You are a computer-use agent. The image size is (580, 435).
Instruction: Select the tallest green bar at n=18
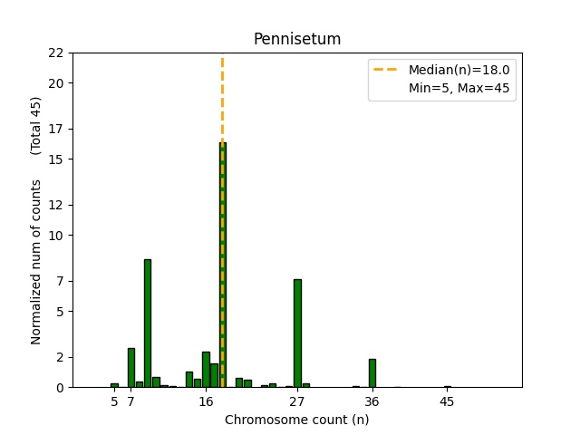point(223,265)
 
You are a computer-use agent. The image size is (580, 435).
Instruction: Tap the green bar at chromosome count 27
point(297,333)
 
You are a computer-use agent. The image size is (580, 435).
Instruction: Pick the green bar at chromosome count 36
point(372,372)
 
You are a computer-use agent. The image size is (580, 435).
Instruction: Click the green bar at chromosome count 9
point(148,323)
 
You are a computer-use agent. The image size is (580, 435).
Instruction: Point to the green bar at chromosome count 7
point(131,367)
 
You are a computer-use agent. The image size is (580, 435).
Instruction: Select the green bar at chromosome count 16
point(206,369)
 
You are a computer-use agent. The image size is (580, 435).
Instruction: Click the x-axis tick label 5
point(114,401)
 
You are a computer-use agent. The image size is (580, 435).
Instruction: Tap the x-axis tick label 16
point(206,401)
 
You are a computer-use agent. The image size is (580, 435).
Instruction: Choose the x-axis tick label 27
point(297,401)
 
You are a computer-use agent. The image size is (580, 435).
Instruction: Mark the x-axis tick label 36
point(372,401)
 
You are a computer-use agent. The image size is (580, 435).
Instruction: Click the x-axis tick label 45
point(447,401)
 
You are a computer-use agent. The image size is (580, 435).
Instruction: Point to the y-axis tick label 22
point(56,53)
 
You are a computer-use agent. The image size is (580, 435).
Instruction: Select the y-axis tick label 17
point(56,129)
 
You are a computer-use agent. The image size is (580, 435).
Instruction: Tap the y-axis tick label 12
point(56,205)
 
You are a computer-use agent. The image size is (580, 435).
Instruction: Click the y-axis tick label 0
point(60,388)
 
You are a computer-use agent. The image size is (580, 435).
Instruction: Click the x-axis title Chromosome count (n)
point(296,420)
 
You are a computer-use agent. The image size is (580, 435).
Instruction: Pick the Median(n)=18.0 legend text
point(459,70)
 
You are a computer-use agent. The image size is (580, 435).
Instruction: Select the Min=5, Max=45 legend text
point(459,89)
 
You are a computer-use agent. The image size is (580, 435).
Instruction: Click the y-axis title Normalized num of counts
point(36,262)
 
